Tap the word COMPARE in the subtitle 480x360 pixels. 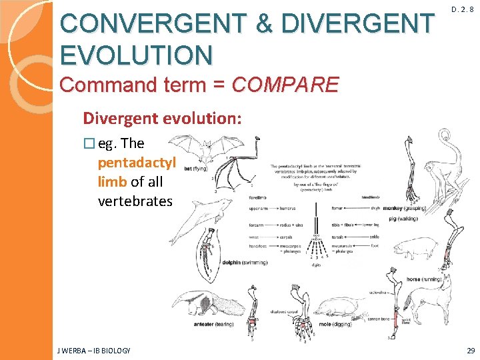(285, 85)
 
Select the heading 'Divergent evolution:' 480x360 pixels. (163, 119)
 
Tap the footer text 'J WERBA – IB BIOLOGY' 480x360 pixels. (93, 351)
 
